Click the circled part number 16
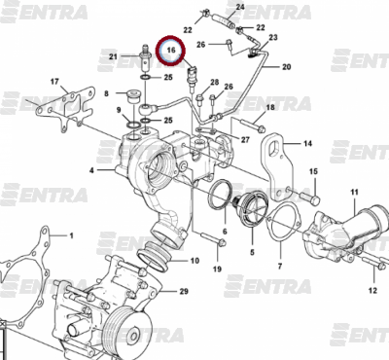[x=171, y=50]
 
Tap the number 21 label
[x=113, y=57]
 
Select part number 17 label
[x=54, y=81]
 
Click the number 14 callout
[x=307, y=143]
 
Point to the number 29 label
[x=184, y=291]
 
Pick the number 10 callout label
[x=194, y=261]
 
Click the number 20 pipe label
[x=286, y=67]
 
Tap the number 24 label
[x=240, y=7]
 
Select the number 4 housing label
[x=91, y=170]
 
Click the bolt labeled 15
[x=310, y=198]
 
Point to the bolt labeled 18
[x=253, y=126]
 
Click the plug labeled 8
[x=132, y=95]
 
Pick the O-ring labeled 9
[x=132, y=126]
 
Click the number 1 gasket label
[x=72, y=235]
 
